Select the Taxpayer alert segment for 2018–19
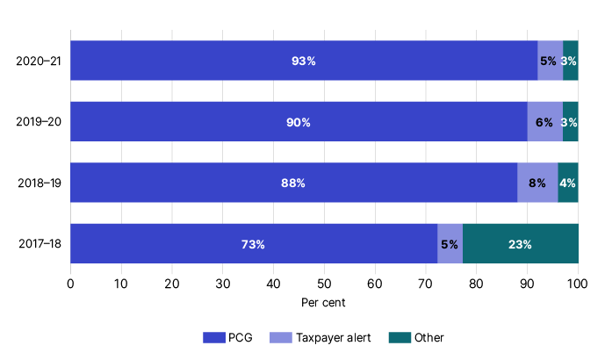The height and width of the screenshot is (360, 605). coord(537,183)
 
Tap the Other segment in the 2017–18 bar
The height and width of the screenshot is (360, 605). coord(520,244)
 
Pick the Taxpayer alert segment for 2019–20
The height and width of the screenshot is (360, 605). coord(544,122)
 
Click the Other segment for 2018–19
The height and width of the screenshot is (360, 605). coord(567,183)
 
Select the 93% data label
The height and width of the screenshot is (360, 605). coord(304,61)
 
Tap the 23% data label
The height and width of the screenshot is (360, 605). coord(520,244)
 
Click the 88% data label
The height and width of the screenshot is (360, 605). coord(293,184)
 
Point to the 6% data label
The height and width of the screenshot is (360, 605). coord(544,122)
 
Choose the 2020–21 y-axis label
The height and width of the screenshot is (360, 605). coord(38,61)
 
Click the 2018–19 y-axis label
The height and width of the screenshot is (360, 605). coord(38,184)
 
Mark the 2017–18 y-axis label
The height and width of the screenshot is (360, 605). coord(38,244)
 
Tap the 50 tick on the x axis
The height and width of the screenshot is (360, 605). coord(324,284)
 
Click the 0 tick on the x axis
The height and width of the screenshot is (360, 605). coord(70,284)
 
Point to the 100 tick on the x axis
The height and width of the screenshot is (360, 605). coord(577,284)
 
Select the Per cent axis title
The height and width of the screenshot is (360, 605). coord(324,303)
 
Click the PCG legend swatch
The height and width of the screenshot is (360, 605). coord(213,337)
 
